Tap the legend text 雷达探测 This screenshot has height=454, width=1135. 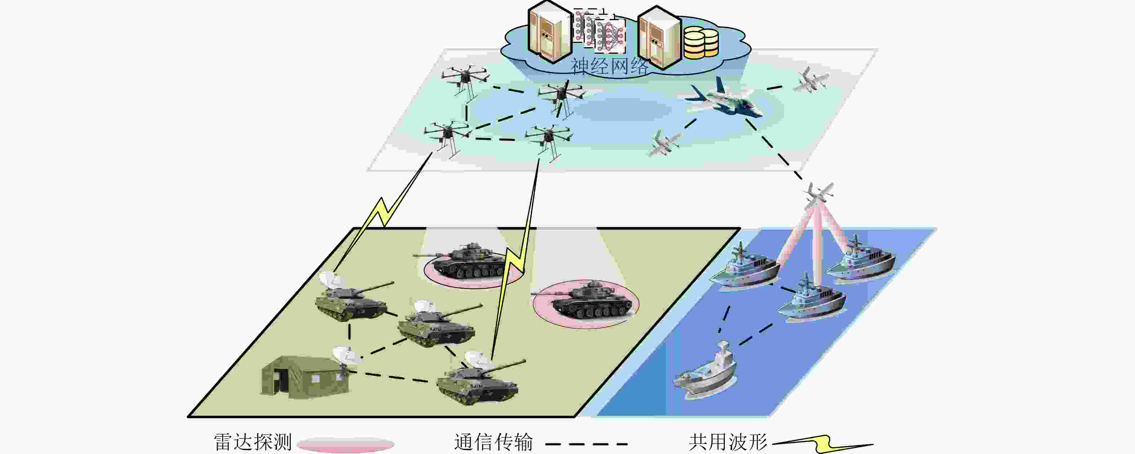(253, 442)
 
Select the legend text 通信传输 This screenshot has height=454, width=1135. (494, 442)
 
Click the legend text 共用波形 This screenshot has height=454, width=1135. (728, 442)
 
